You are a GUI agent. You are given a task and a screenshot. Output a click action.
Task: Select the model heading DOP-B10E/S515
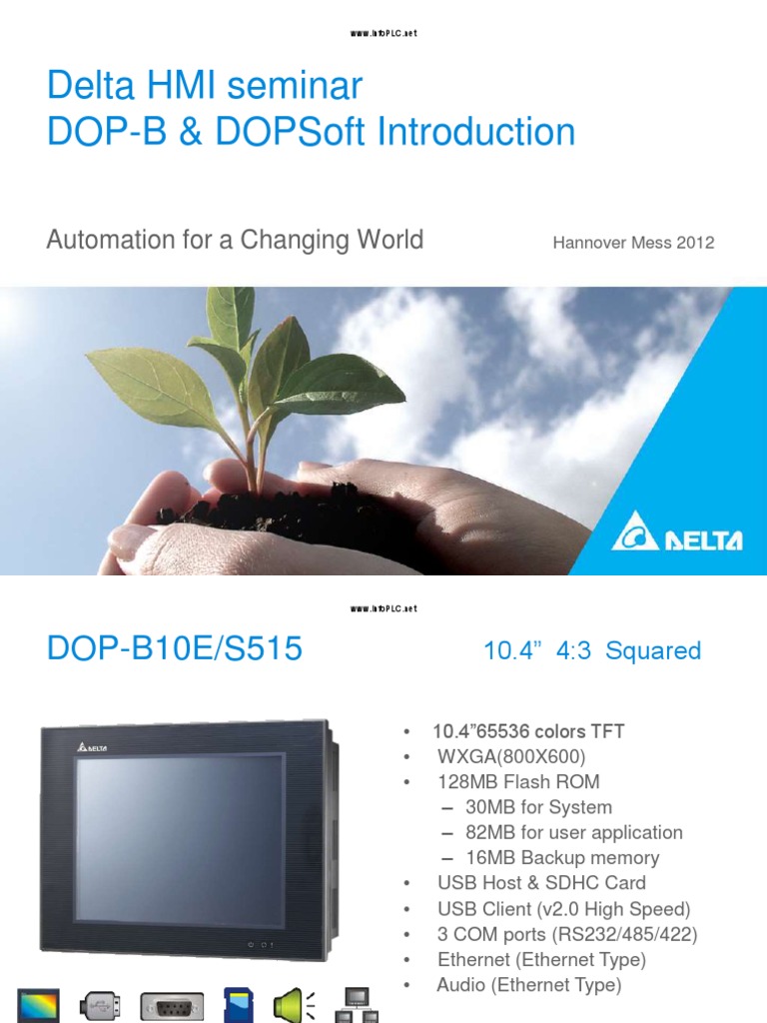pyautogui.click(x=174, y=649)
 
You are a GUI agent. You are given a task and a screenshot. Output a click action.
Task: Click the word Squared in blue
pyautogui.click(x=653, y=651)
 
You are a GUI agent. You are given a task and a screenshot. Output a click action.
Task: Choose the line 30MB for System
pyautogui.click(x=538, y=807)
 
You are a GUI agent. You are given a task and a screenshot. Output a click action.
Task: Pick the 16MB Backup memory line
pyautogui.click(x=562, y=857)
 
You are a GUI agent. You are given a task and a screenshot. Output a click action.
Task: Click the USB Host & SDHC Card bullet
pyautogui.click(x=541, y=883)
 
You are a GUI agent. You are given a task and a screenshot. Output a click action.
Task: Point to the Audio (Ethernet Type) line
pyautogui.click(x=528, y=985)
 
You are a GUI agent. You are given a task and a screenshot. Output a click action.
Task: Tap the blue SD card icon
pyautogui.click(x=235, y=1005)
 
